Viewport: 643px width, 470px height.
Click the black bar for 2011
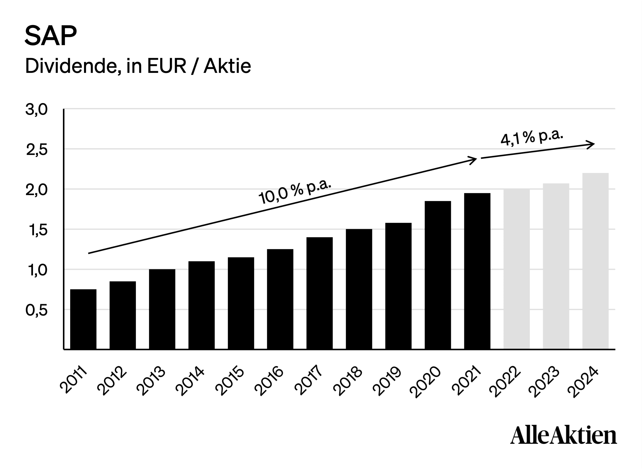[x=83, y=319]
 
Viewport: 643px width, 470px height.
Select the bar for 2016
[x=280, y=299]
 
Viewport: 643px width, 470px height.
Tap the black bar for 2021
[x=477, y=271]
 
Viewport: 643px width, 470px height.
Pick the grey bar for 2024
[x=595, y=261]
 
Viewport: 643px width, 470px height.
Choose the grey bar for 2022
[x=517, y=269]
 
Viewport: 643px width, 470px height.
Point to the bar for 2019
[x=399, y=286]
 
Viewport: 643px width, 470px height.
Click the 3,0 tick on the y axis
[x=36, y=109]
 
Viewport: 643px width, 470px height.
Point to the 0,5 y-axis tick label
[x=36, y=310]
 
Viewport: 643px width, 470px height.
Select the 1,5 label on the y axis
[x=38, y=230]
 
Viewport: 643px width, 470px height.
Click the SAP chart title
[x=51, y=36]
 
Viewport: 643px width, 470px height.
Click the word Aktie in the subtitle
[x=227, y=66]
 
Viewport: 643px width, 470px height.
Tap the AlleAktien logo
[x=564, y=435]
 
